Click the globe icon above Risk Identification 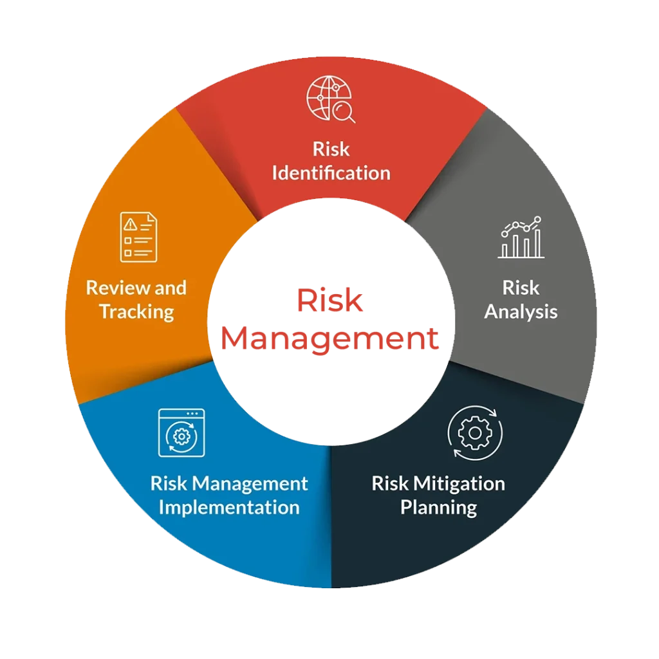point(330,98)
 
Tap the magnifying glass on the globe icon point(344,112)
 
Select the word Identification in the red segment point(331,172)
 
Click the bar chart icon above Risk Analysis point(521,237)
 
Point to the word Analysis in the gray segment point(521,313)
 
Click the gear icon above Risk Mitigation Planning point(475,433)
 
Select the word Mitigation point(459,483)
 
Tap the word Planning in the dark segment point(438,508)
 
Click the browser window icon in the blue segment point(181,432)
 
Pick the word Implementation point(229,508)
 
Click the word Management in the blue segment point(250,484)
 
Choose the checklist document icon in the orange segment point(139,237)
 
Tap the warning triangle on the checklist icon point(130,225)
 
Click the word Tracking point(136,312)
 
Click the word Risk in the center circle point(329,301)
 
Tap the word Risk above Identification point(331,149)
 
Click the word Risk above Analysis point(521,288)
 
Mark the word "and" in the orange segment point(170,288)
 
